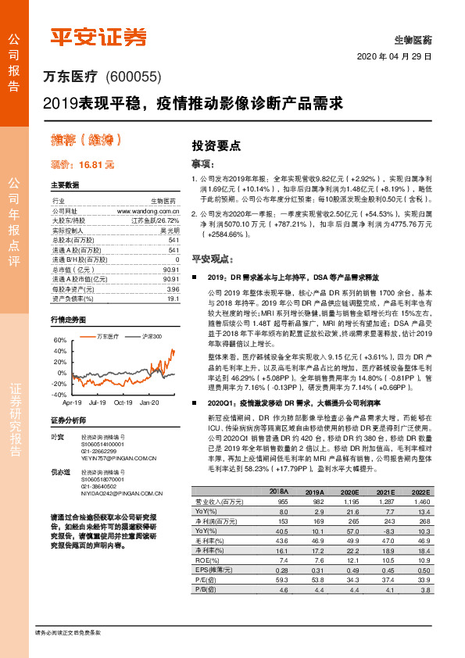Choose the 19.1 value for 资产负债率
tap(173, 297)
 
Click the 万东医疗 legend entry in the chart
tap(106, 336)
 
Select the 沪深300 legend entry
tap(152, 336)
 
